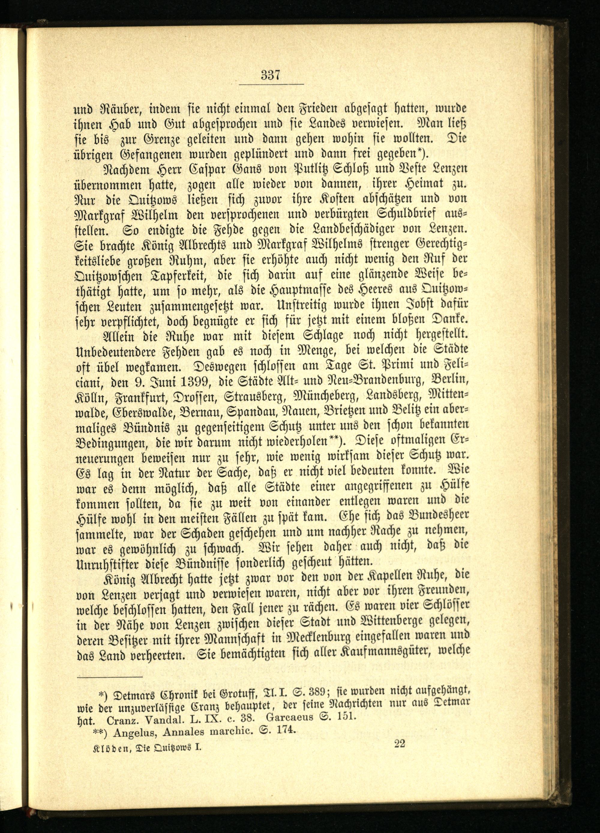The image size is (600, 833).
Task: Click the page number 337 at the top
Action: click(271, 75)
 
